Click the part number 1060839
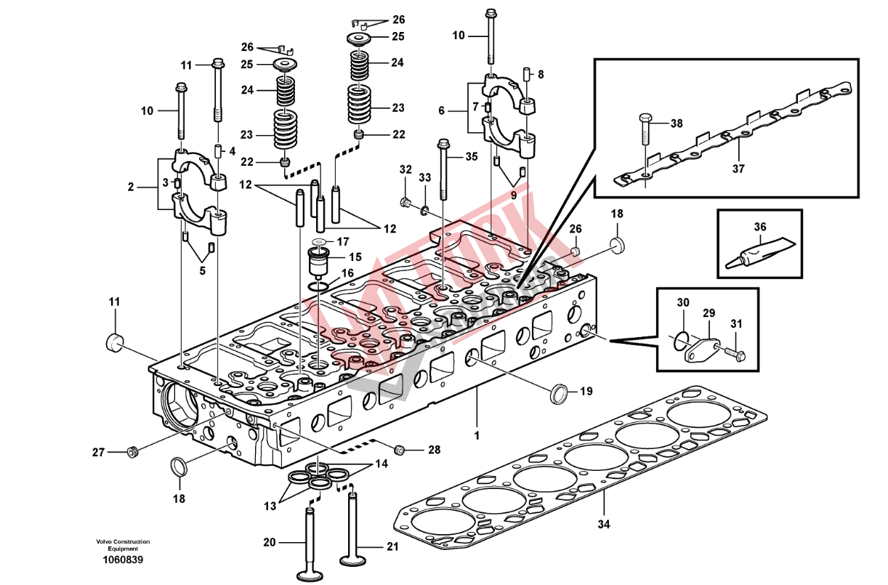tap(122, 560)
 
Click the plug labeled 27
tap(132, 453)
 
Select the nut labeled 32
tap(405, 200)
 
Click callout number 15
tap(355, 257)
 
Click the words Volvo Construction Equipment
tap(122, 545)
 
